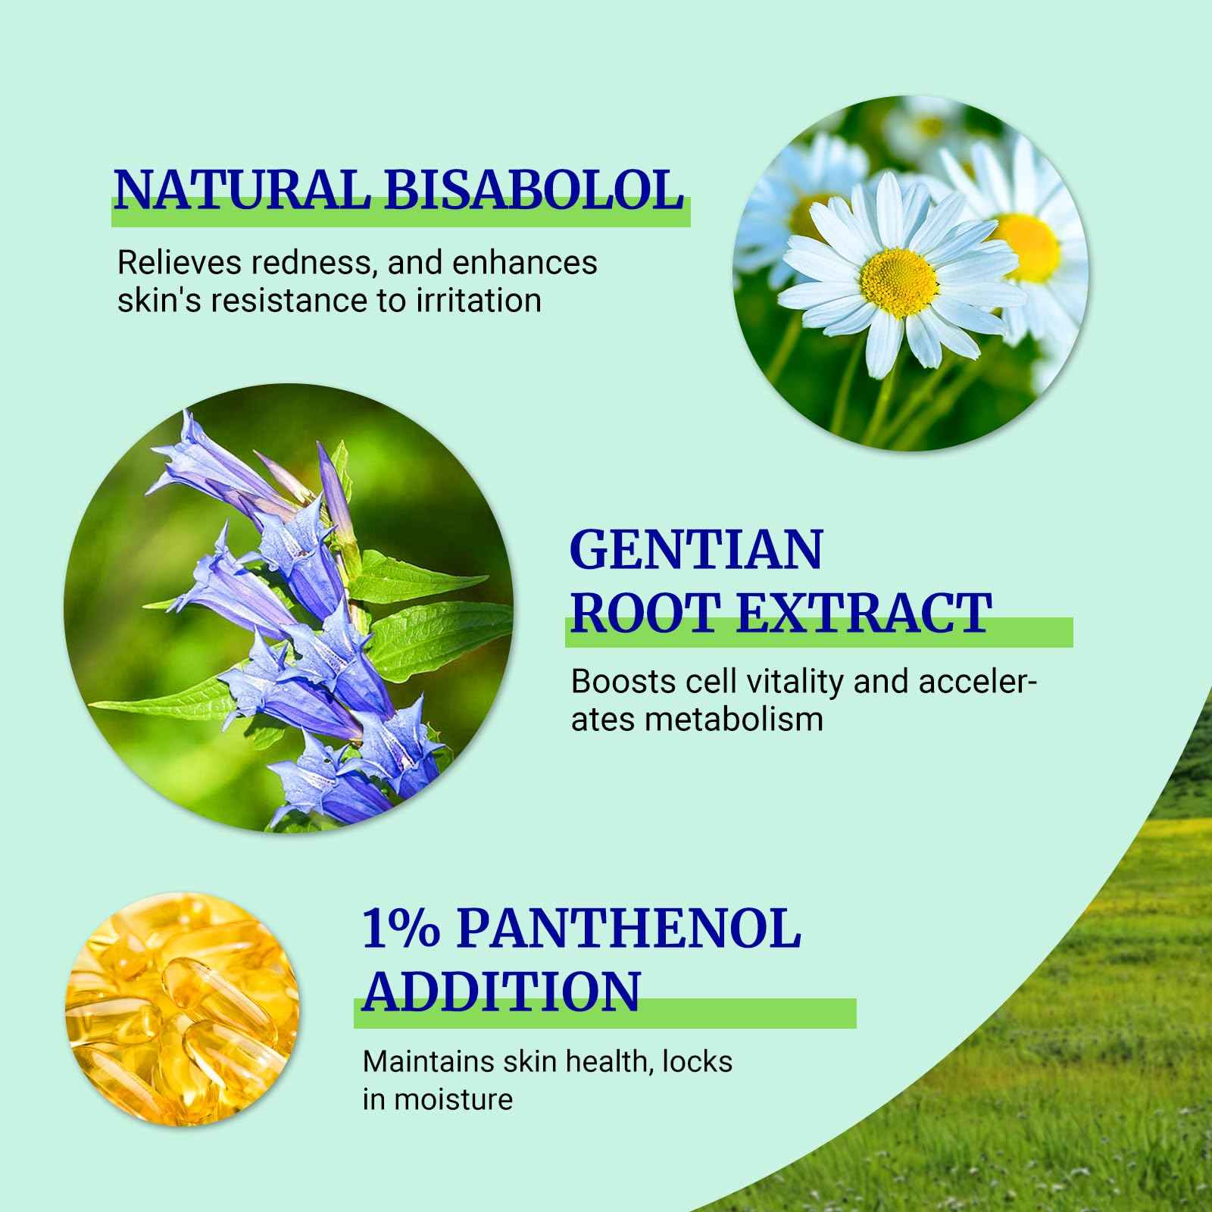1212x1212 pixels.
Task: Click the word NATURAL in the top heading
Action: (x=242, y=190)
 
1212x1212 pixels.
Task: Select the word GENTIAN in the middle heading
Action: (x=695, y=550)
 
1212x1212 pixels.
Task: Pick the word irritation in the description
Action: (x=479, y=301)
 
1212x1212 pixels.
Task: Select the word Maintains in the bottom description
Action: (x=428, y=1061)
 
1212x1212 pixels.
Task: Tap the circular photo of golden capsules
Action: (x=181, y=1007)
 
